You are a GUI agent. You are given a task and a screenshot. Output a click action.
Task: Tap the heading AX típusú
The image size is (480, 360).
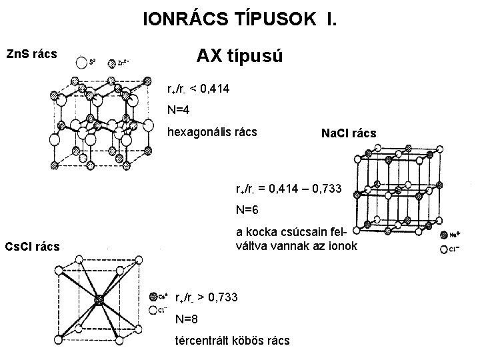[240, 56]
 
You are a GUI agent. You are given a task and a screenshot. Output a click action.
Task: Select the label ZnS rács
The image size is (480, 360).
[31, 52]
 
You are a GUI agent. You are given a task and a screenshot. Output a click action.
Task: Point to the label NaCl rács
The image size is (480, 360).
[349, 133]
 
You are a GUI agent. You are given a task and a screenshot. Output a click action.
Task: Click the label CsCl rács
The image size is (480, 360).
[32, 247]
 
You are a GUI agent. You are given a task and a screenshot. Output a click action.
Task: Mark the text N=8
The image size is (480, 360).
[187, 319]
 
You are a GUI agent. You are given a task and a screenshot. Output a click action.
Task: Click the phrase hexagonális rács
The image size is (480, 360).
[212, 132]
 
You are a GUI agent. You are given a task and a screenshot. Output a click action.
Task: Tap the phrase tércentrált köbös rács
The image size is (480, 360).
[232, 341]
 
